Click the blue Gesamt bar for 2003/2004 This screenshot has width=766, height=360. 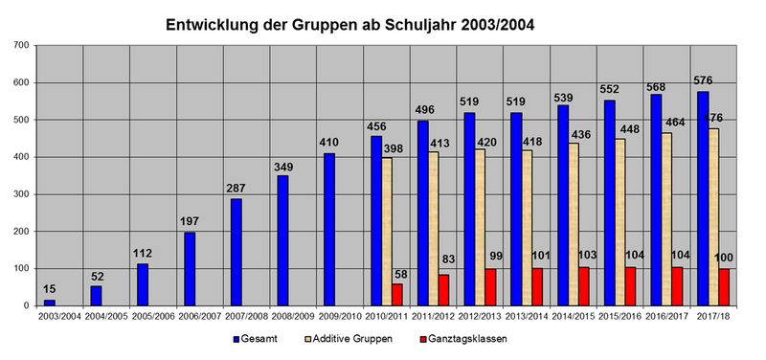click(x=50, y=303)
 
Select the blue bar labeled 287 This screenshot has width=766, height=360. click(x=237, y=252)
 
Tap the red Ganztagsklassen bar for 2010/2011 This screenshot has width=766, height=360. click(x=396, y=295)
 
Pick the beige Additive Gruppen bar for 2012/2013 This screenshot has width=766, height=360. click(x=480, y=228)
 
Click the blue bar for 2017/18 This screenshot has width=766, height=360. click(x=703, y=198)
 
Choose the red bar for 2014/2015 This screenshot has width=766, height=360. click(x=584, y=286)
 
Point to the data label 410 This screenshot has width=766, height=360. click(x=329, y=143)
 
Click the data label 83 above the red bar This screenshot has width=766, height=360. click(x=448, y=259)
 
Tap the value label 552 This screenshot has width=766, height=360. click(x=609, y=89)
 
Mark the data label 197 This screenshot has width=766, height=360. click(x=189, y=222)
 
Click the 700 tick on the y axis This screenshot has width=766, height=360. click(x=25, y=45)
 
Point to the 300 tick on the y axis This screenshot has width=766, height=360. click(x=25, y=194)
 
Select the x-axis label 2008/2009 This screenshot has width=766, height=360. click(x=292, y=317)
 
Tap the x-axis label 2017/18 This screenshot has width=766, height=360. click(x=714, y=317)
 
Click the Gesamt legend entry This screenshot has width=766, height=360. click(x=255, y=339)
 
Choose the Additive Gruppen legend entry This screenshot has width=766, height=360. click(x=349, y=339)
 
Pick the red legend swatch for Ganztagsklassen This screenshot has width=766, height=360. click(x=423, y=339)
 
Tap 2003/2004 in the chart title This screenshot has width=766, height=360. click(x=497, y=26)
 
